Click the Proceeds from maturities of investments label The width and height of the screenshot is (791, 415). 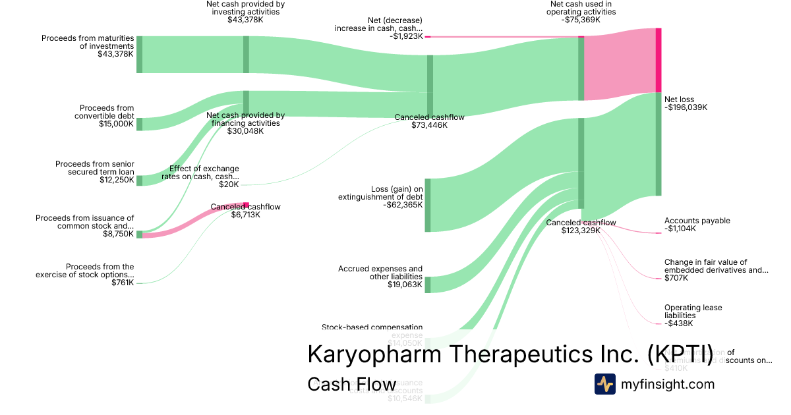click(x=88, y=42)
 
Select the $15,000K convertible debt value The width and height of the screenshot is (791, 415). click(x=116, y=124)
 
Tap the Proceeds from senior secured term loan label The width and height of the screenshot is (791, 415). click(x=94, y=168)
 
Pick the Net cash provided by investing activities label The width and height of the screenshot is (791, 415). click(x=245, y=8)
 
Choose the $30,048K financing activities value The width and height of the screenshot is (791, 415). click(x=245, y=131)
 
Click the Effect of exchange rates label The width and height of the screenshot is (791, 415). click(x=204, y=173)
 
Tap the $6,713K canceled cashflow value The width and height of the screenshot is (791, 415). click(x=245, y=215)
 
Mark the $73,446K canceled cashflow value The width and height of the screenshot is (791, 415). click(x=429, y=125)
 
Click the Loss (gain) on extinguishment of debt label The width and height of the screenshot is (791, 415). click(x=380, y=192)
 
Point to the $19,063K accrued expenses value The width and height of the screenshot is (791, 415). click(x=405, y=285)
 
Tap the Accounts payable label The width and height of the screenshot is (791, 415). click(x=697, y=221)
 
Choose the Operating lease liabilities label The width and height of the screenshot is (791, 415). click(x=693, y=312)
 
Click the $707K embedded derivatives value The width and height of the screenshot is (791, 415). click(x=676, y=278)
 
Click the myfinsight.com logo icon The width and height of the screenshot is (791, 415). click(x=605, y=384)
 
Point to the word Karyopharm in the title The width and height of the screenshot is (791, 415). click(x=374, y=354)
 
